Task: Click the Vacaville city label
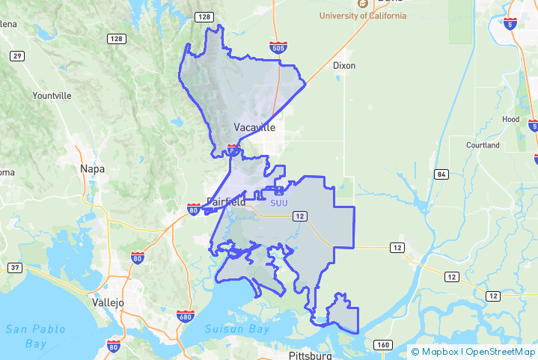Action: tap(254, 127)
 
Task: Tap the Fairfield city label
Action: tap(225, 201)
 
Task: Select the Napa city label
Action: tap(93, 168)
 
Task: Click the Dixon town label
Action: tap(344, 65)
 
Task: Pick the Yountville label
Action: tap(52, 96)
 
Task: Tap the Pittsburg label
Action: tap(310, 356)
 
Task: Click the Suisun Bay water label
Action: tap(238, 329)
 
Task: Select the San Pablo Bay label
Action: tap(36, 336)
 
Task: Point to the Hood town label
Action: tap(511, 119)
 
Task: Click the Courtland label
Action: tap(483, 144)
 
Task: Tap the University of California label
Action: tap(363, 16)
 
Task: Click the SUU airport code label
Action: tap(278, 201)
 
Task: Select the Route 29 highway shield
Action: tap(17, 56)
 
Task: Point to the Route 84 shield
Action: tap(441, 174)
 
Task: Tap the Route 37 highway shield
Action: tap(14, 267)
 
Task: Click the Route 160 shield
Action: tap(383, 345)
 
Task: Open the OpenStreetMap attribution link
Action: tap(501, 351)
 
